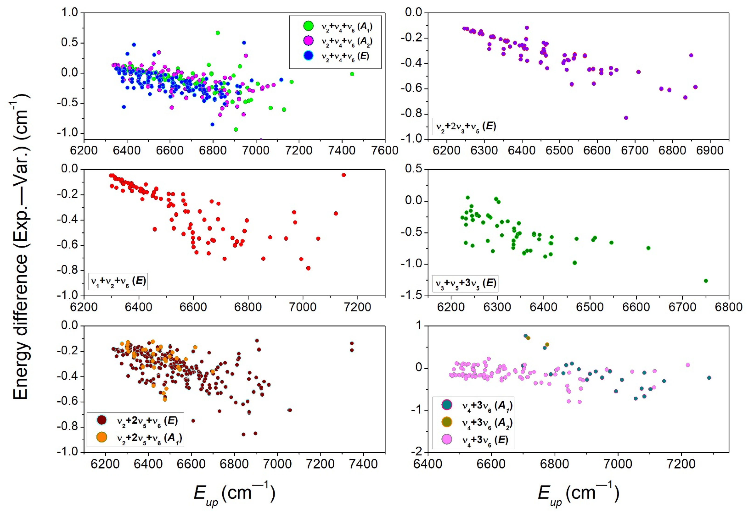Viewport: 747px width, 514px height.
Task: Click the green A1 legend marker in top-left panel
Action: tap(308, 26)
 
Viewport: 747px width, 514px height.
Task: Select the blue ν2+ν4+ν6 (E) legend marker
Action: tap(308, 56)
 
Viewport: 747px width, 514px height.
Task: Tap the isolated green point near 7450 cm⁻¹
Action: tap(352, 74)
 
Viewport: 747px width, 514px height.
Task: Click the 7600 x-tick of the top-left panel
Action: tap(385, 151)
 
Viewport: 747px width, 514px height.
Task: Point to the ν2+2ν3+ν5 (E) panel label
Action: tap(465, 126)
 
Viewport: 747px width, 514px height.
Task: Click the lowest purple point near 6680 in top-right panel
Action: tap(626, 118)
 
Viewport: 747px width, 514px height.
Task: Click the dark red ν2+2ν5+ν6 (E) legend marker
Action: tap(102, 420)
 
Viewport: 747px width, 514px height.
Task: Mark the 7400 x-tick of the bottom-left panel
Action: tap(363, 464)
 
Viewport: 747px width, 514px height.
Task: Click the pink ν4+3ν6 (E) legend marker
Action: tap(447, 439)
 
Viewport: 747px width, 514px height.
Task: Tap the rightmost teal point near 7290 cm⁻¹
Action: tap(709, 378)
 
